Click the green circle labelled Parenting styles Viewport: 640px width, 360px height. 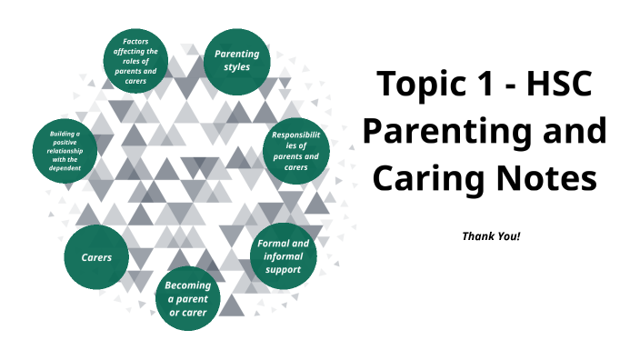pyautogui.click(x=236, y=61)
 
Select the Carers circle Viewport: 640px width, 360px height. pyautogui.click(x=96, y=257)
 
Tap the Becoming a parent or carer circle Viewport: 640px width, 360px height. pyautogui.click(x=188, y=300)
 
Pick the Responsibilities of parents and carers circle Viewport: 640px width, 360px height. pyautogui.click(x=295, y=150)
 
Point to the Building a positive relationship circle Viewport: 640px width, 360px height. pyautogui.click(x=65, y=150)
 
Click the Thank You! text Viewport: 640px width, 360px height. pyautogui.click(x=491, y=236)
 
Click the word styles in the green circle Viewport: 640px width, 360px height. pyautogui.click(x=236, y=68)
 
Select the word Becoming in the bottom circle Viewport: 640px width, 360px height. pyautogui.click(x=188, y=286)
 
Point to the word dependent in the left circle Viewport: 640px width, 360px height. pyautogui.click(x=65, y=168)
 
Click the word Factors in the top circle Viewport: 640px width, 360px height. pyautogui.click(x=134, y=42)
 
